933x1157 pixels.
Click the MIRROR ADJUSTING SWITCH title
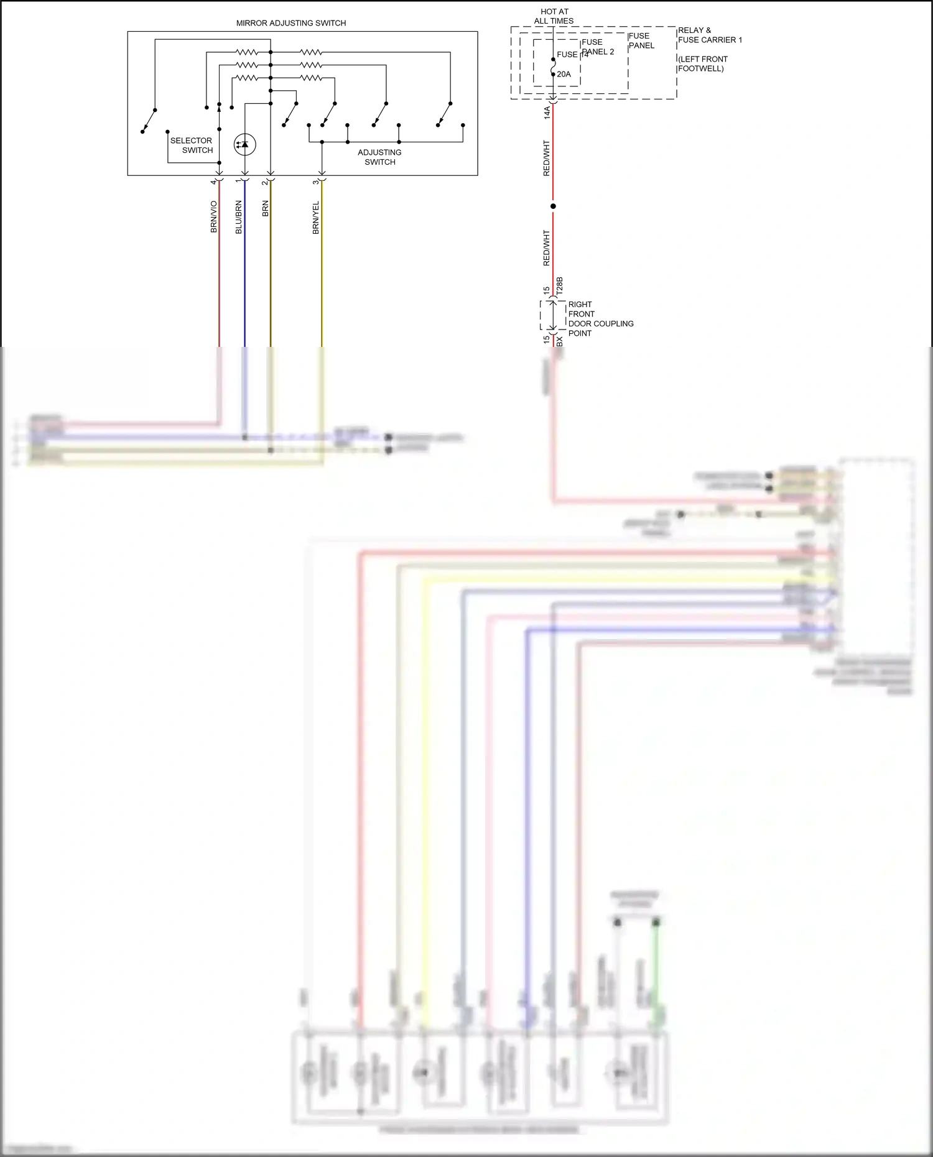(x=291, y=23)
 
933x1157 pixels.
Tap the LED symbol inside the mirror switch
(x=244, y=145)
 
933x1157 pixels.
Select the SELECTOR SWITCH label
(x=192, y=145)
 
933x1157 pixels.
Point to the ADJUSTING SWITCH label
(x=379, y=157)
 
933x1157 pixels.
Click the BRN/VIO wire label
(x=214, y=217)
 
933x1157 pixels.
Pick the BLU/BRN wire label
(x=239, y=217)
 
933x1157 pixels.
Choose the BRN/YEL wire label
(x=316, y=217)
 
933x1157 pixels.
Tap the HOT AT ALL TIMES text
(x=554, y=16)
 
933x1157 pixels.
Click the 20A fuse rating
(x=564, y=75)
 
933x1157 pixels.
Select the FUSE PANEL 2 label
(x=597, y=47)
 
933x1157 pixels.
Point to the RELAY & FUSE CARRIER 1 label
(x=710, y=35)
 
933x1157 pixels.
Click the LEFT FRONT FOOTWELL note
(x=702, y=64)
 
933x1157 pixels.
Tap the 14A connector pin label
(x=547, y=113)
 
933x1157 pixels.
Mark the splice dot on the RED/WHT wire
(x=553, y=206)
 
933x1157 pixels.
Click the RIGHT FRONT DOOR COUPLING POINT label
(x=600, y=319)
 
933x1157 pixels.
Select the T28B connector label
(x=559, y=286)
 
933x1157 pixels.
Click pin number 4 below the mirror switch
(x=213, y=182)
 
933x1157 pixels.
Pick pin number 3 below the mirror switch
(x=316, y=182)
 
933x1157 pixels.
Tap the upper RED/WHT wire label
(x=547, y=158)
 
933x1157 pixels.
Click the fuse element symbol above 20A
(x=553, y=67)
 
